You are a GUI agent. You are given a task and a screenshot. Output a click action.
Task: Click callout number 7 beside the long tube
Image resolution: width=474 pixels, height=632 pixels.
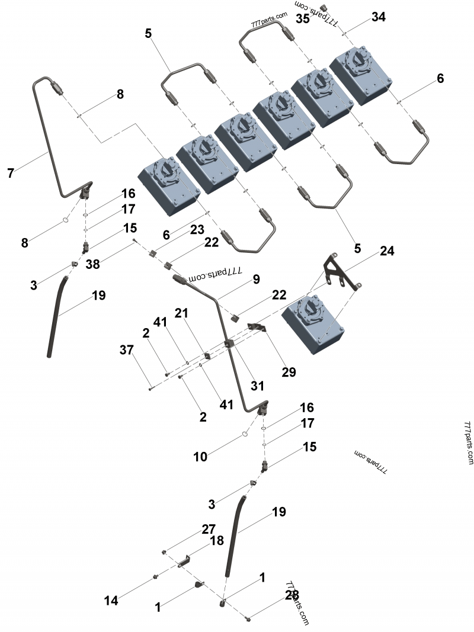(x=11, y=173)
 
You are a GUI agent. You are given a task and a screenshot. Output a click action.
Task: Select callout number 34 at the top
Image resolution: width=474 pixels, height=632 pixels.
(x=378, y=17)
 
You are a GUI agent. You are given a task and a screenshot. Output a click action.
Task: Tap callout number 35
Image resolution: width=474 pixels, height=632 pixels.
(x=303, y=19)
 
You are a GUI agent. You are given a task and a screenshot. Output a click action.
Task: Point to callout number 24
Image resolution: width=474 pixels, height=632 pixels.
(x=386, y=251)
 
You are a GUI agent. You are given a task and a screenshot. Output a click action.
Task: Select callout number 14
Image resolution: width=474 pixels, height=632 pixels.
(x=111, y=600)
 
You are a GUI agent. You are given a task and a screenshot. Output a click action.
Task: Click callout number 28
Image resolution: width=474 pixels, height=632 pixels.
(x=292, y=594)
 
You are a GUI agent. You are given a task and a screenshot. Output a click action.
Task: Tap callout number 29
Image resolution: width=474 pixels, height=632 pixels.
(x=289, y=372)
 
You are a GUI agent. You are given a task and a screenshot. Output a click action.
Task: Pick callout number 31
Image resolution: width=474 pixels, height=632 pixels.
(x=257, y=386)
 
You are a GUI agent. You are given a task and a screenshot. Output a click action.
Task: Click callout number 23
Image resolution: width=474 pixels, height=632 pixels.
(x=197, y=229)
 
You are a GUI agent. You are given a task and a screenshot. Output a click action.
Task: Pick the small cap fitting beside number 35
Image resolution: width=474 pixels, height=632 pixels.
(x=324, y=7)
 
